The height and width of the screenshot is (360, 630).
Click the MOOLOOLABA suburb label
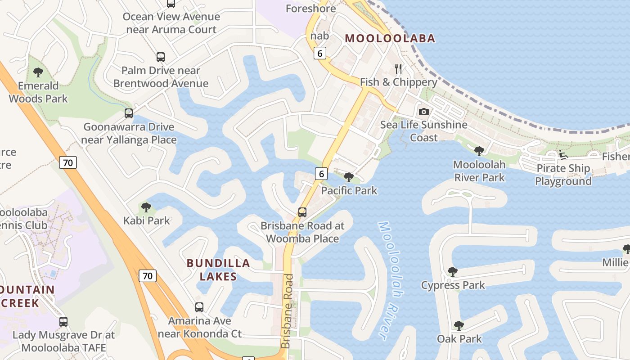390,38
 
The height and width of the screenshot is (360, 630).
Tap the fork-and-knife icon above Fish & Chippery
398,68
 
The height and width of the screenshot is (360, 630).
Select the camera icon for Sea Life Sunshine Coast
424,112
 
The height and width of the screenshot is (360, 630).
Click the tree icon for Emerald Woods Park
38,72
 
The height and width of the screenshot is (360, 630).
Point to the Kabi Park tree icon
146,207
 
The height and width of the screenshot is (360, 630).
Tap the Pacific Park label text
349,190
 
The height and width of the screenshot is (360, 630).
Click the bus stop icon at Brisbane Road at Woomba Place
302,212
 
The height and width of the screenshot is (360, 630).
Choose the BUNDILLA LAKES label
218,270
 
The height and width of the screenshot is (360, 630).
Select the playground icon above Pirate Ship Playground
563,154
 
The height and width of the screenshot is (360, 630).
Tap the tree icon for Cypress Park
453,272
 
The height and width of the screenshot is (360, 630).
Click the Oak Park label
459,339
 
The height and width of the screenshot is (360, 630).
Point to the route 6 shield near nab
319,53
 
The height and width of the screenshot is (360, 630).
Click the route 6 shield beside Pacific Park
321,173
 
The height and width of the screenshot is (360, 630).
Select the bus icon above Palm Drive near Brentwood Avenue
161,57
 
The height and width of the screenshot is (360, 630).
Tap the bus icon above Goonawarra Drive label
129,113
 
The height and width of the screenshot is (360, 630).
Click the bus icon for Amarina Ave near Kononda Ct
199,307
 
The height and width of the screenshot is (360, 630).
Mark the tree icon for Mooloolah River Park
479,151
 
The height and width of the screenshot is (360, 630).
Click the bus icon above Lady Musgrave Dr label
63,322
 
